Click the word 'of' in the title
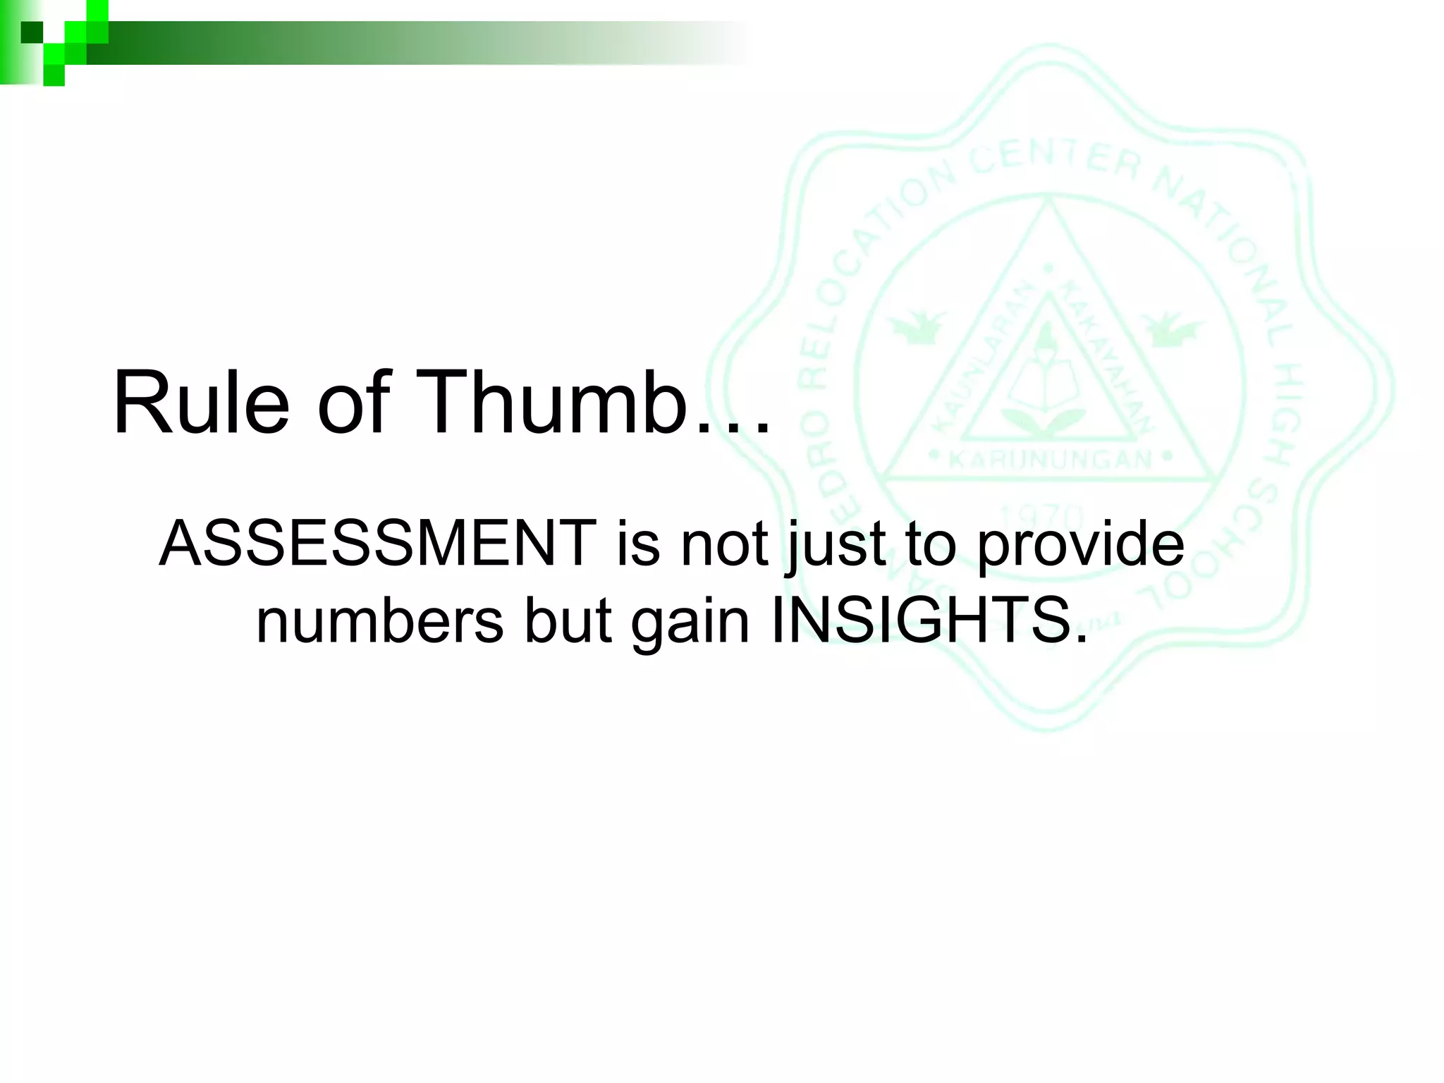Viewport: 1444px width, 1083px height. coord(353,404)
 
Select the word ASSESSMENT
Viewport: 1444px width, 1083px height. coord(377,544)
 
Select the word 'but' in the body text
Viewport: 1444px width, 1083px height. coord(568,621)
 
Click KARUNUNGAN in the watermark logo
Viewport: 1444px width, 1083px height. coord(1050,460)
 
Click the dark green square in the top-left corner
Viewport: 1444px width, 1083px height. coord(32,32)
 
